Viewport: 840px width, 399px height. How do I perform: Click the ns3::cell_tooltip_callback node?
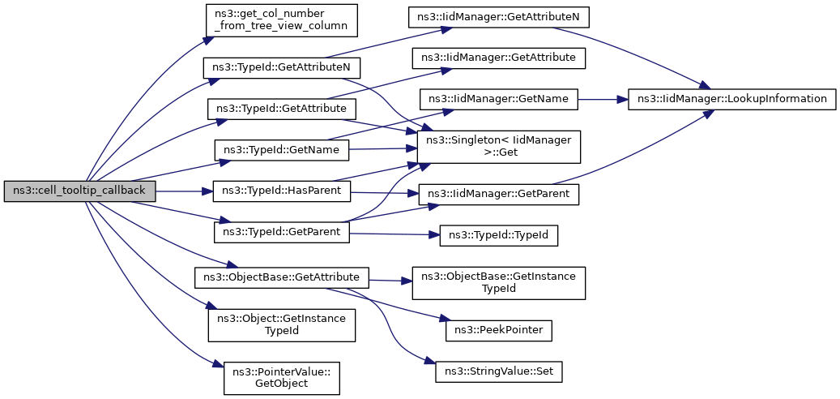(80, 191)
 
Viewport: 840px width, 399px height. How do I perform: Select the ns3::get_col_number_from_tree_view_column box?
(280, 21)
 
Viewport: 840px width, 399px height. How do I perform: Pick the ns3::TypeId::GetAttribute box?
(284, 109)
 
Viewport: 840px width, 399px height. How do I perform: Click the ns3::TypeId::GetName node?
(282, 149)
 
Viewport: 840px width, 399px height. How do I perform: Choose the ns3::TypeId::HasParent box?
(282, 191)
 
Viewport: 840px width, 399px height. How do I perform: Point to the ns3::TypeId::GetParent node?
(282, 232)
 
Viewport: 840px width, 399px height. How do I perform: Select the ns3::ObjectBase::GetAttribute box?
(281, 277)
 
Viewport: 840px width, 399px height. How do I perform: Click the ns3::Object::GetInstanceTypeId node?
(282, 325)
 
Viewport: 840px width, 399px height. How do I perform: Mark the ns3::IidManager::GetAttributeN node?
(498, 18)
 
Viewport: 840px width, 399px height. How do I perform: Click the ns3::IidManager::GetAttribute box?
(498, 58)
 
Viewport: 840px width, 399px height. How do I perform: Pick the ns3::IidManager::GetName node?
(499, 100)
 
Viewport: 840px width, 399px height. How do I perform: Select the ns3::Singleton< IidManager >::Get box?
(499, 147)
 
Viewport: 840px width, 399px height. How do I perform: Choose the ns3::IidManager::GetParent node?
(499, 194)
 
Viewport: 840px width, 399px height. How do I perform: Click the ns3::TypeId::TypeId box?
(499, 236)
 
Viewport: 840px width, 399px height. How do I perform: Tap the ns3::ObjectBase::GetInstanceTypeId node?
(499, 282)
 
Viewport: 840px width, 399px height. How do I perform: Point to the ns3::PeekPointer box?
(499, 332)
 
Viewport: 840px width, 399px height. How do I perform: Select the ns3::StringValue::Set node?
(499, 372)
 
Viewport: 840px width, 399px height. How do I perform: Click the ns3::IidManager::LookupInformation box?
(731, 100)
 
